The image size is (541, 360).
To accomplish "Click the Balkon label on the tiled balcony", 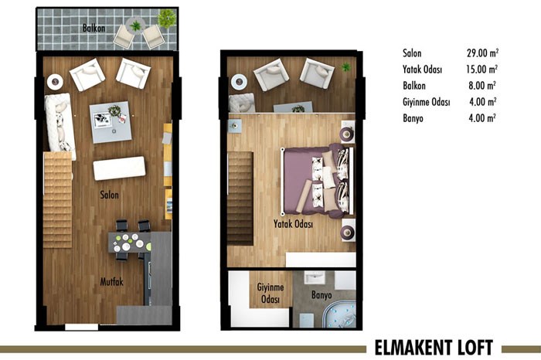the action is click(94, 28).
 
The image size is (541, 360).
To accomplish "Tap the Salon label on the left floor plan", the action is click(110, 195).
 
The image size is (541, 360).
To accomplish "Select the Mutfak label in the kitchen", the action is click(111, 282).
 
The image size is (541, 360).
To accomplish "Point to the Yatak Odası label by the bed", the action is click(293, 224).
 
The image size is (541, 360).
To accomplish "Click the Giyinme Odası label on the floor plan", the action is click(270, 293).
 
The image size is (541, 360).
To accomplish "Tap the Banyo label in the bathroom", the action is click(322, 295).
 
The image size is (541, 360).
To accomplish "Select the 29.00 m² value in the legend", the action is click(483, 53).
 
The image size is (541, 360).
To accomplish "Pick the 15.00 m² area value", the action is click(482, 69).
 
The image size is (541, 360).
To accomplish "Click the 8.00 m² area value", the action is click(482, 85).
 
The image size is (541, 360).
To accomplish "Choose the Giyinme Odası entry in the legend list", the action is click(427, 102).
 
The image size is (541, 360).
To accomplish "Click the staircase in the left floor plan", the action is click(58, 200).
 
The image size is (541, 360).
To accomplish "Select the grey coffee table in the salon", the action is click(111, 122).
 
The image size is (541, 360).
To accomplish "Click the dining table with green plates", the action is click(130, 243).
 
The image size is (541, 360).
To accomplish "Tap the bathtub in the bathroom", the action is click(339, 315).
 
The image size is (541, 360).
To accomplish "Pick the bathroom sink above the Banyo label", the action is click(314, 277).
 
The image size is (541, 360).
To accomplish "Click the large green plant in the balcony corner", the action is click(167, 19).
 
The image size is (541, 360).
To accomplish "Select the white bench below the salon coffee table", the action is click(119, 168).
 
